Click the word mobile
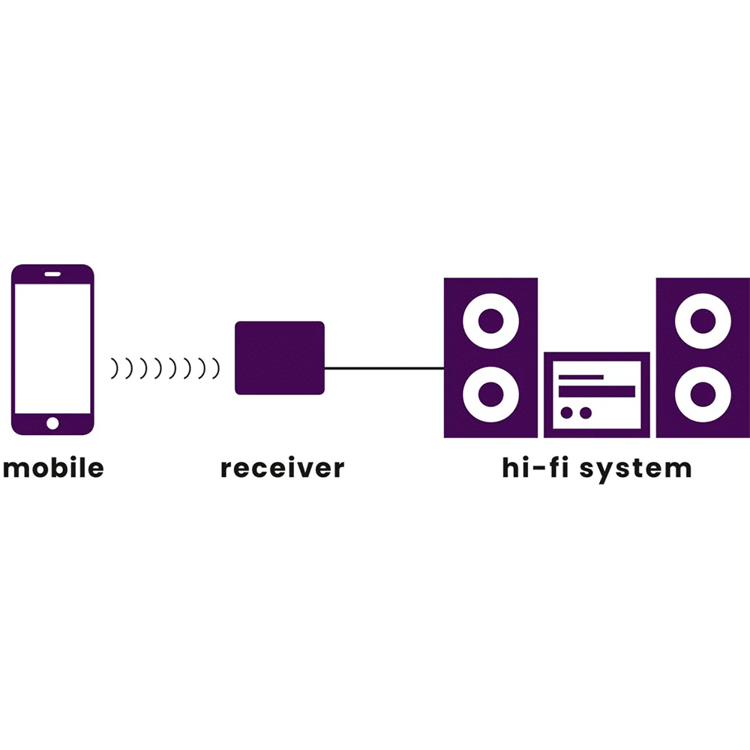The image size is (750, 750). coord(52,468)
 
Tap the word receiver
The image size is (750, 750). coord(282,468)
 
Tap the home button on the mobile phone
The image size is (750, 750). coord(52,424)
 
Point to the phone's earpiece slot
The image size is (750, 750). coord(52,274)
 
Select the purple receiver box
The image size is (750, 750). coord(280,358)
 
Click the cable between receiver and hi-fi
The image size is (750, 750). coord(384,368)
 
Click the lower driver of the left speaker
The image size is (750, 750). coord(490,392)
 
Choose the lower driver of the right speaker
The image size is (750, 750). coord(703,392)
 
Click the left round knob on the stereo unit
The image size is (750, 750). coord(568,412)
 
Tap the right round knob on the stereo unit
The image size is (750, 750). coord(586,412)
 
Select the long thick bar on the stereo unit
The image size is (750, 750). coord(597,391)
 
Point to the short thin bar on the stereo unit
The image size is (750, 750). coord(581,376)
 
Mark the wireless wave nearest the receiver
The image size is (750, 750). coord(217,367)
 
